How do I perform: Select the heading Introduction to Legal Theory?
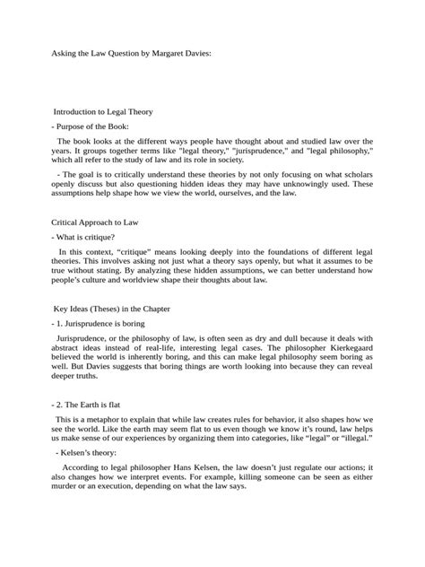(103, 112)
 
